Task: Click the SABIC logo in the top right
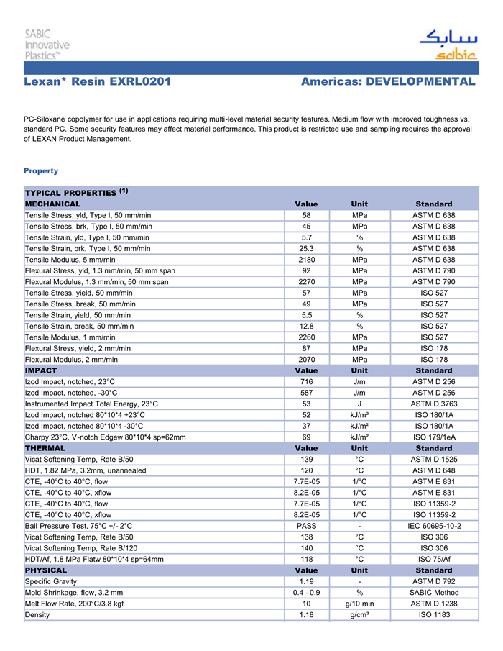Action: point(447,44)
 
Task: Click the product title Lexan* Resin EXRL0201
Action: point(97,82)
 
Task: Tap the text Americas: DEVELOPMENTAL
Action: point(388,82)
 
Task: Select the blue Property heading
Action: point(41,171)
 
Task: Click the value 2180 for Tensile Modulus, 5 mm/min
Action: point(307,260)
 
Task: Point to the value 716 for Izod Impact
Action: point(307,381)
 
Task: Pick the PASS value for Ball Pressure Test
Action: point(307,526)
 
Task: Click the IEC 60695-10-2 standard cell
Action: point(434,526)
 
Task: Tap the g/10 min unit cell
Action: point(359,604)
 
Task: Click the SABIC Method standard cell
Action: point(434,593)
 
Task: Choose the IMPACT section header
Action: point(41,370)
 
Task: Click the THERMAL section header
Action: point(45,448)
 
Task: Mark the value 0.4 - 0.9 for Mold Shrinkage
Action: point(307,593)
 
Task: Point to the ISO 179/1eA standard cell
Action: point(434,437)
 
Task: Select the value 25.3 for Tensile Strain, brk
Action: point(307,248)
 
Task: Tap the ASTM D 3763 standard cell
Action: point(434,404)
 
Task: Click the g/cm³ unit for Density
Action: point(359,615)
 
